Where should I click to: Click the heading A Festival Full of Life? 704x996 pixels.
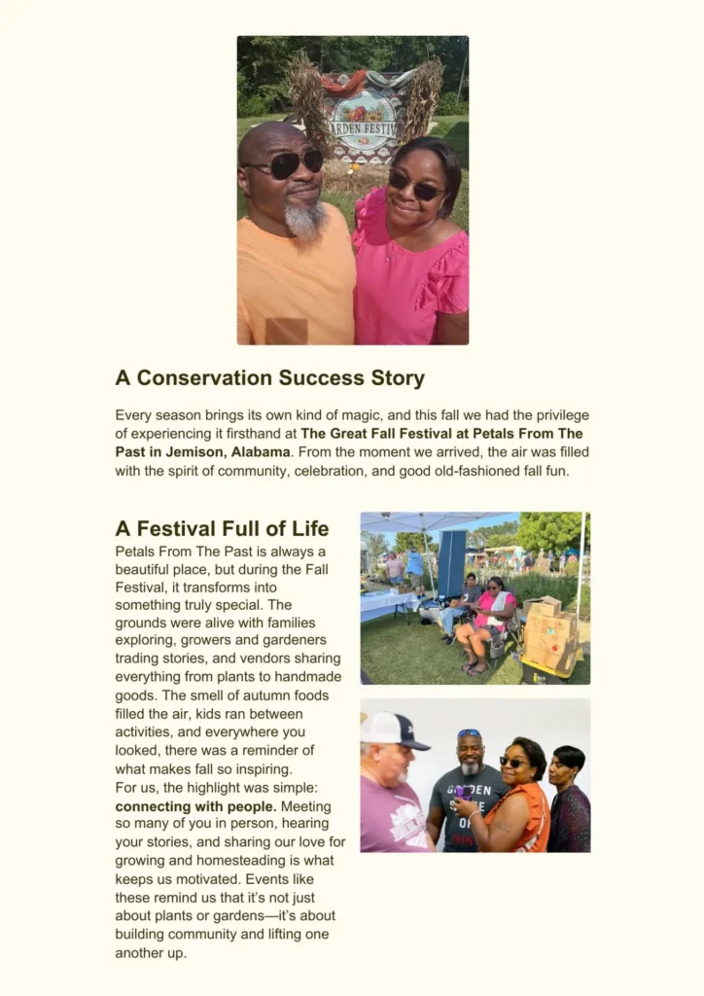tap(222, 529)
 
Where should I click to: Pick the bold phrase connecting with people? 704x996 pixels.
tap(195, 806)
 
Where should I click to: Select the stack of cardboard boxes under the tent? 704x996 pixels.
tap(549, 632)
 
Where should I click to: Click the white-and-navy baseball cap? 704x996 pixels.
tap(395, 729)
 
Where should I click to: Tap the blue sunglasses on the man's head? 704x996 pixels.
tap(469, 733)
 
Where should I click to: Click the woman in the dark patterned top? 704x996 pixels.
tap(568, 802)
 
